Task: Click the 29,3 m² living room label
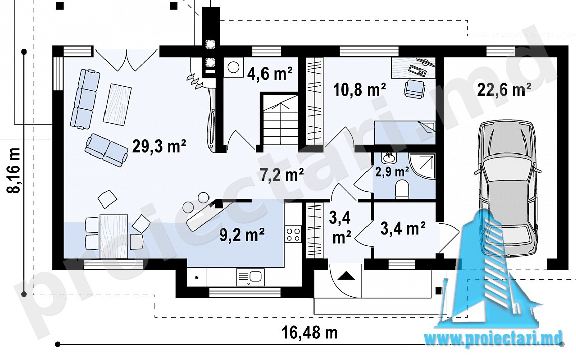coord(159,146)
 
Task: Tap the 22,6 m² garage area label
coord(504,89)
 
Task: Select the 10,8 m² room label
coord(359,90)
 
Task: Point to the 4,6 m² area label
coord(270,73)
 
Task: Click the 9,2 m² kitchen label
coord(242,234)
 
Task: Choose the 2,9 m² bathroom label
coord(392,171)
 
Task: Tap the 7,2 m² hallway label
coord(282,174)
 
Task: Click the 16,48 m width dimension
coord(309,332)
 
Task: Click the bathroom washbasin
coord(389,159)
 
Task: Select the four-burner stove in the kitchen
coord(293,234)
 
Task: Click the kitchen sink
coord(250,277)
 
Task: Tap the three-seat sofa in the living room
coord(85,99)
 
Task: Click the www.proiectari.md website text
coord(493,338)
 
